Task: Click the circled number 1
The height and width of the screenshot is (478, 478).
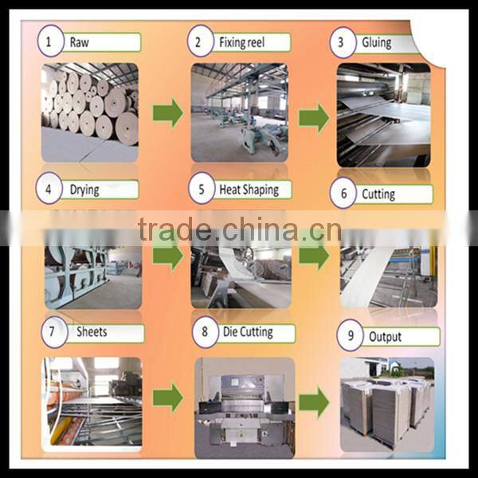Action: [x=52, y=41]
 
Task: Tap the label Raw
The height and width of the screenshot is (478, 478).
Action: [x=80, y=41]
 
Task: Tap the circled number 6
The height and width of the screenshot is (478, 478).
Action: [x=343, y=194]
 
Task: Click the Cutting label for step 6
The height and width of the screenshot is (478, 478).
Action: [x=378, y=194]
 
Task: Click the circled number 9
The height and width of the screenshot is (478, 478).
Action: [x=349, y=336]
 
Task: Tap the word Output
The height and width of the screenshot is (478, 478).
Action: [x=386, y=336]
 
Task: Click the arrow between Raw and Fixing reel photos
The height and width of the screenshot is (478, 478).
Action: [x=167, y=112]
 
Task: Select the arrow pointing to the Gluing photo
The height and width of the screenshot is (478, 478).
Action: [x=313, y=116]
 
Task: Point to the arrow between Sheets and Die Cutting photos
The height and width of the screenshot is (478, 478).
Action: [x=167, y=395]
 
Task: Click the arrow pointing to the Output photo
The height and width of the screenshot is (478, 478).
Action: [x=313, y=402]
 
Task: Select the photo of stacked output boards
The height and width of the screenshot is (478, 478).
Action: [x=386, y=402]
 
